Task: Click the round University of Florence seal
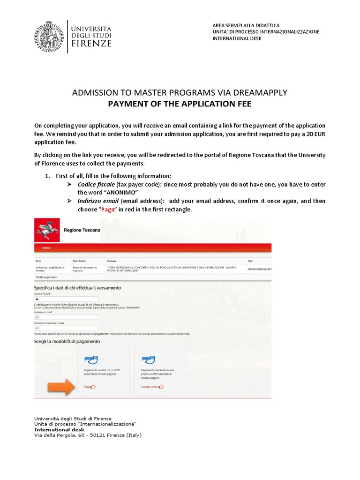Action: tap(48, 36)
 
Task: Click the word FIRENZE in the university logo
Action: tap(91, 44)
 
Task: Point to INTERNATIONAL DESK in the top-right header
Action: tap(237, 38)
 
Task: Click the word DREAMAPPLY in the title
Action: tap(260, 93)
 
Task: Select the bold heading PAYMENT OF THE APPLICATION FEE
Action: tap(180, 104)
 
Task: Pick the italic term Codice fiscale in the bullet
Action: tap(96, 184)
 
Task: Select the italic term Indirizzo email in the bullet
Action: tap(98, 201)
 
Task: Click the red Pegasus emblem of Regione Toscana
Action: tap(47, 230)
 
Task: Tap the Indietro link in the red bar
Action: tap(46, 247)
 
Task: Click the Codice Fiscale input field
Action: tap(68, 299)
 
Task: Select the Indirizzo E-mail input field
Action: tap(68, 317)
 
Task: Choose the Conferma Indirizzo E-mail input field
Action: tap(68, 328)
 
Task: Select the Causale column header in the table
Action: tap(112, 261)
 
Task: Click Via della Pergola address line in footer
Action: tap(88, 435)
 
